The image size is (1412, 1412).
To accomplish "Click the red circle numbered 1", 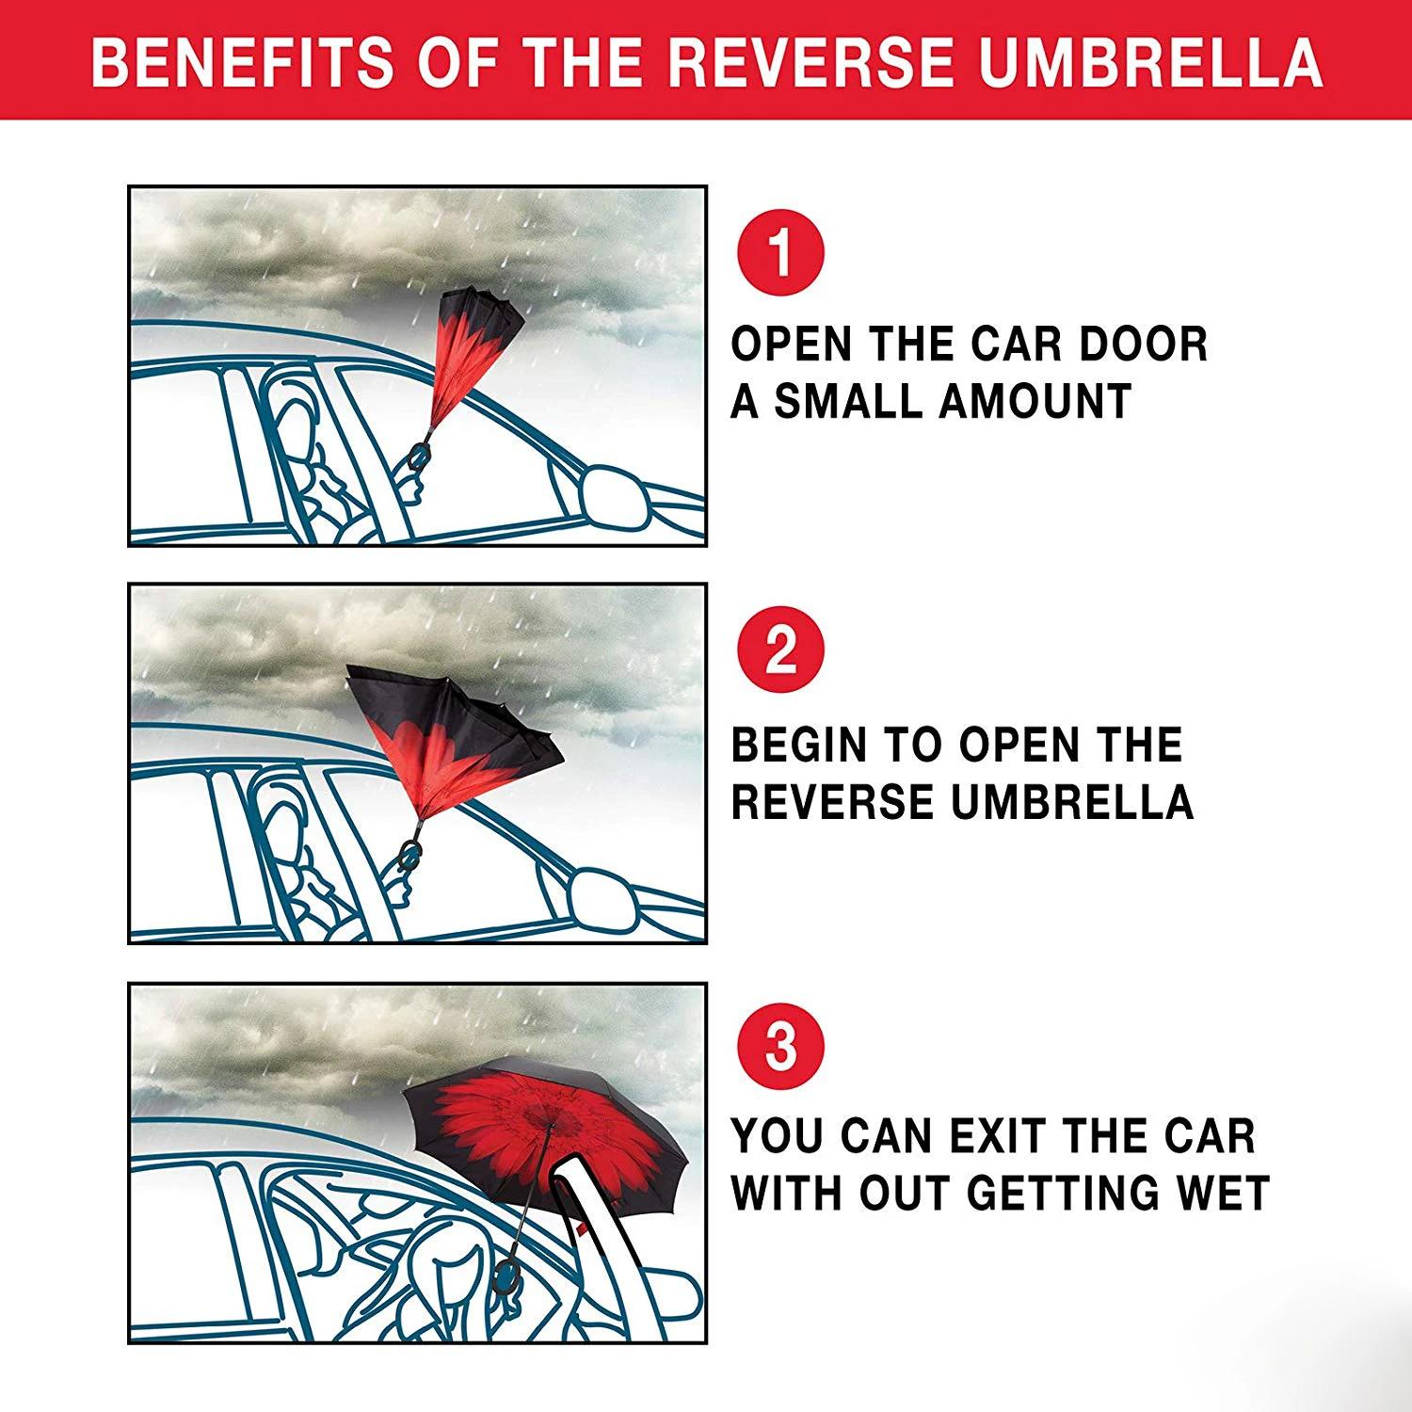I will point(780,252).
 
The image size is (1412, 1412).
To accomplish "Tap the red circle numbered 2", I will point(780,650).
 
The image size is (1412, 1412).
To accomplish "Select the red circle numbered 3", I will point(780,1047).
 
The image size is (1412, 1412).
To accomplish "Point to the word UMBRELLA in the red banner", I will point(1150,62).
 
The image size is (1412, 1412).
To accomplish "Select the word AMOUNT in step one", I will point(1035,402).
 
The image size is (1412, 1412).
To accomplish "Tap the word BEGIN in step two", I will point(799,746).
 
